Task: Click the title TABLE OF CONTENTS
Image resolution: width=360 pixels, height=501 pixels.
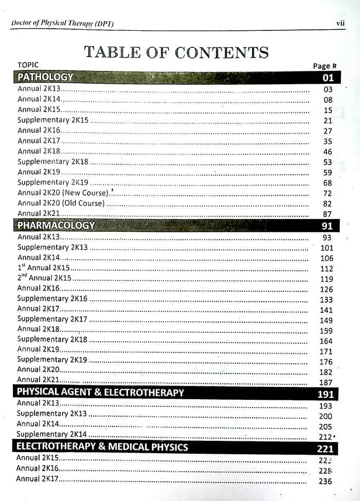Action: click(x=176, y=52)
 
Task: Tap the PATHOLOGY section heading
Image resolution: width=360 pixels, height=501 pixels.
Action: click(x=45, y=78)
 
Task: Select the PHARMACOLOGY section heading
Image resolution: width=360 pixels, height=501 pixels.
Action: click(x=56, y=225)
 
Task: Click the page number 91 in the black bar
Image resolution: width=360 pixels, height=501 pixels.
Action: click(x=328, y=226)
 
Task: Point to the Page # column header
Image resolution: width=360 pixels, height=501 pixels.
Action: click(x=325, y=66)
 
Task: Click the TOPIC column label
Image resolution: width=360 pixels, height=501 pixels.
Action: click(x=28, y=65)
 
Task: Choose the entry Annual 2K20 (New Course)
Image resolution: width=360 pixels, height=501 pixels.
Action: click(x=63, y=193)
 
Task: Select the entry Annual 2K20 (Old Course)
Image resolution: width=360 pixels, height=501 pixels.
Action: click(x=61, y=203)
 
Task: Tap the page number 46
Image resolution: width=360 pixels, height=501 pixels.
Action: click(x=328, y=152)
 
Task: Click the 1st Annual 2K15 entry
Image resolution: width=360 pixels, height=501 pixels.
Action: click(x=44, y=268)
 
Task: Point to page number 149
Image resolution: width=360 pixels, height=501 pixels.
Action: click(x=326, y=320)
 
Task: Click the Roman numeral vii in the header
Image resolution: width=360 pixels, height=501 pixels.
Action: click(x=340, y=23)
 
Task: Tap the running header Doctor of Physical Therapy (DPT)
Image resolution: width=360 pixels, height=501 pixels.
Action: click(x=62, y=24)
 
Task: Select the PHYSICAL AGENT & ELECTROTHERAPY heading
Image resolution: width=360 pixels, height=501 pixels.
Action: click(x=100, y=393)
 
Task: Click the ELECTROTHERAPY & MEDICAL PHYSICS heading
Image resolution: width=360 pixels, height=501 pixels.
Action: click(x=102, y=447)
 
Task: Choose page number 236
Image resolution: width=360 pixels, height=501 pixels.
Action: click(x=326, y=481)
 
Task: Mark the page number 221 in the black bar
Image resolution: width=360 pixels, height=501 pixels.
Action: click(x=326, y=449)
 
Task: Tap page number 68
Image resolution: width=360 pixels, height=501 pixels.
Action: click(x=328, y=183)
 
